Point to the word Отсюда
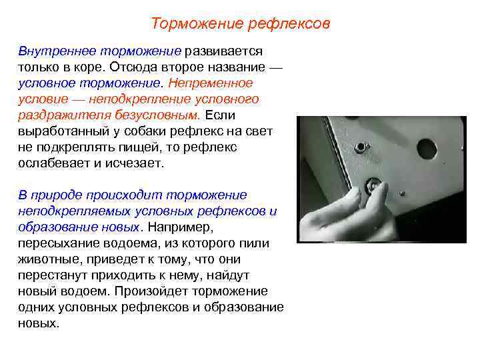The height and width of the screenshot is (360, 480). [x=131, y=67]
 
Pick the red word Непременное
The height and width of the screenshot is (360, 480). [x=211, y=83]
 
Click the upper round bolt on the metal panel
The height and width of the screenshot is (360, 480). [x=361, y=146]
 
